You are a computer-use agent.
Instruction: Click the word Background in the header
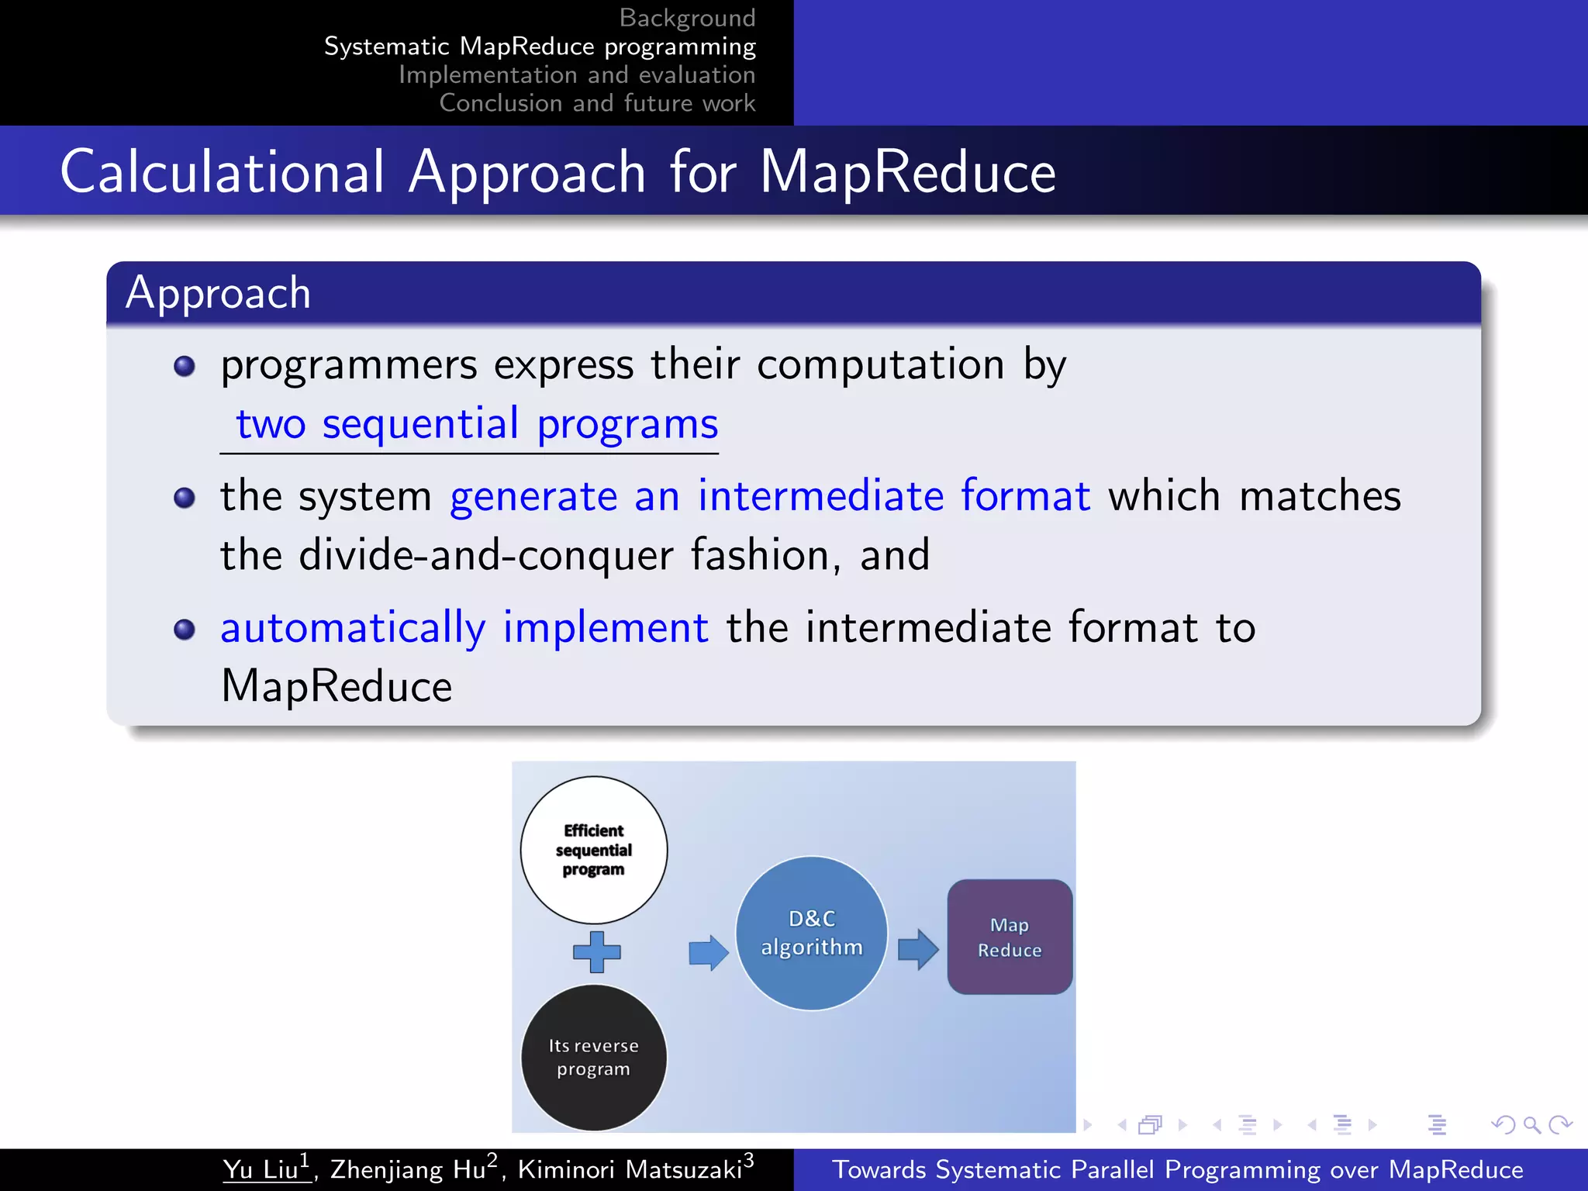687,17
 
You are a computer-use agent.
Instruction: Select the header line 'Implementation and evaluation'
576,74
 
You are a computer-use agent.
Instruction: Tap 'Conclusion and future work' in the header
597,103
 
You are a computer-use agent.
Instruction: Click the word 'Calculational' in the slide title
222,171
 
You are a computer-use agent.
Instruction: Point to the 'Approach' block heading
218,293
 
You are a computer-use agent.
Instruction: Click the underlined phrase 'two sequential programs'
476,424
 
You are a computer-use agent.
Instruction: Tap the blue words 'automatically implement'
464,627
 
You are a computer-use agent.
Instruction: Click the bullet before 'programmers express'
185,366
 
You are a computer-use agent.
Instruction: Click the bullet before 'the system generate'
185,497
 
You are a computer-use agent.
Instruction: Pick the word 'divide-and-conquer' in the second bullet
485,555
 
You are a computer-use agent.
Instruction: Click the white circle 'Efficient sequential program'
593,849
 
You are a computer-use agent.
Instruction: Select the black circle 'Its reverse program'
593,1057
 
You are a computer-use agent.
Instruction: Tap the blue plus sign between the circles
596,951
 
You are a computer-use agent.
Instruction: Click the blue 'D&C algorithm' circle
811,933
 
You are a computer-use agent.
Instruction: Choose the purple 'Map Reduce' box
1010,937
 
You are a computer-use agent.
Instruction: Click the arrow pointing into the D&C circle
708,951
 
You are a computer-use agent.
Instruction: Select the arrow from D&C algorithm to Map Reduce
917,949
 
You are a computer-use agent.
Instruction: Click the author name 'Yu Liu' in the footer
261,1169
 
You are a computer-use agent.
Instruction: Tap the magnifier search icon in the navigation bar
1531,1124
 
